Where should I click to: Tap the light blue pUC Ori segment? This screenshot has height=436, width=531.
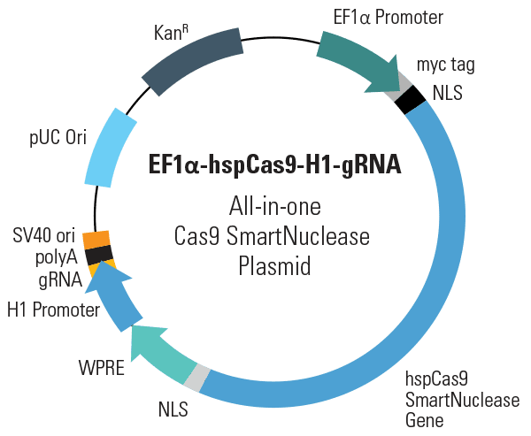coord(111,148)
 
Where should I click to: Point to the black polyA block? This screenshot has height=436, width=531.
coord(98,255)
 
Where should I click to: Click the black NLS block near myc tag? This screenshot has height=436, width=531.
coord(411,100)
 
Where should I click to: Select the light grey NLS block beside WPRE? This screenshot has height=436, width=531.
coord(197,378)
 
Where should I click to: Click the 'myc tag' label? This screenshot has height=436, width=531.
coord(446,65)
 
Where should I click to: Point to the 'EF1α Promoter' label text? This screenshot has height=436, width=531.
coord(389,18)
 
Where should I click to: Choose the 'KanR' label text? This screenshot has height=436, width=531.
coord(171,33)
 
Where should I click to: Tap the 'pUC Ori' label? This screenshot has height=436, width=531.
coord(58,138)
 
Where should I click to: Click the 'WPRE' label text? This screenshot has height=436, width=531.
coord(102,368)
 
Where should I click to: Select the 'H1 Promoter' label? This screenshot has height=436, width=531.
coord(53,310)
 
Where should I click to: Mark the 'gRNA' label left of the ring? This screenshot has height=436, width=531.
coord(60,280)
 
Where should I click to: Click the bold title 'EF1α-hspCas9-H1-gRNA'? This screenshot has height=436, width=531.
coord(275,164)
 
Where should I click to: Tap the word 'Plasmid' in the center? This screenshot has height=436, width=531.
coord(274,266)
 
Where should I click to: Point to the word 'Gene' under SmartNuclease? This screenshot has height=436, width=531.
coord(424,420)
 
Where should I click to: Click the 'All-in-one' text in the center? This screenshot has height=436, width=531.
coord(275,206)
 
